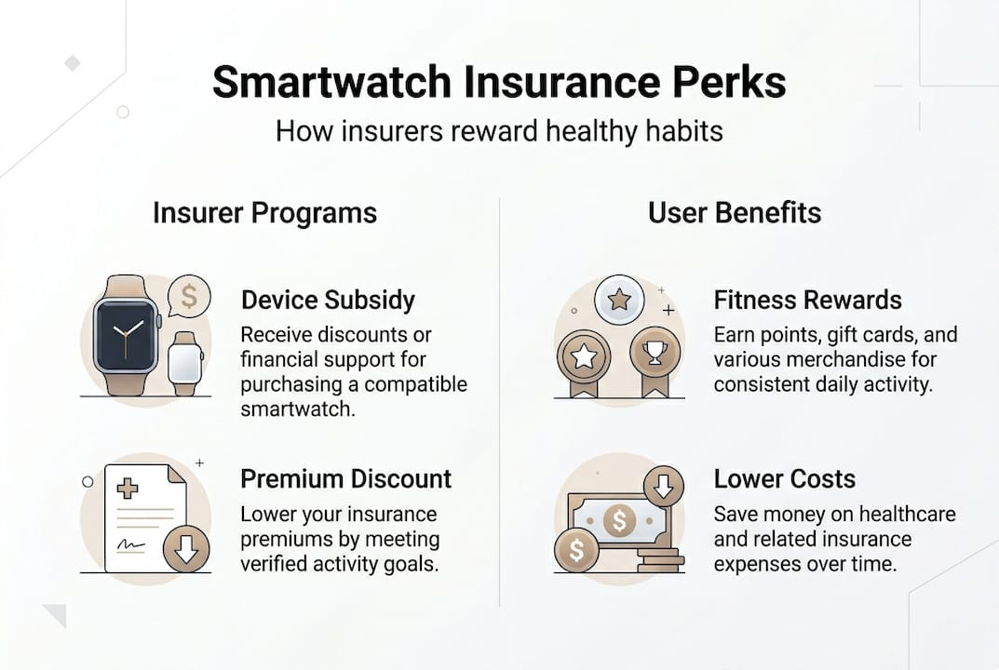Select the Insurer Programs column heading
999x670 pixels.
coord(264,212)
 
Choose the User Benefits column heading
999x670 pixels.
coord(735,212)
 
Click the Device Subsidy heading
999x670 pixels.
coord(328,300)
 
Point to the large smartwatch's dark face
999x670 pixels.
coord(126,335)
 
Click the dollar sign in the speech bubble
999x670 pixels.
coord(189,297)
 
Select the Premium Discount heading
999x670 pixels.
coord(345,478)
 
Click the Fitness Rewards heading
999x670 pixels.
coord(807,300)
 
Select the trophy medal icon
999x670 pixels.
coord(654,354)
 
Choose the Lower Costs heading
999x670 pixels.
coord(784,478)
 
